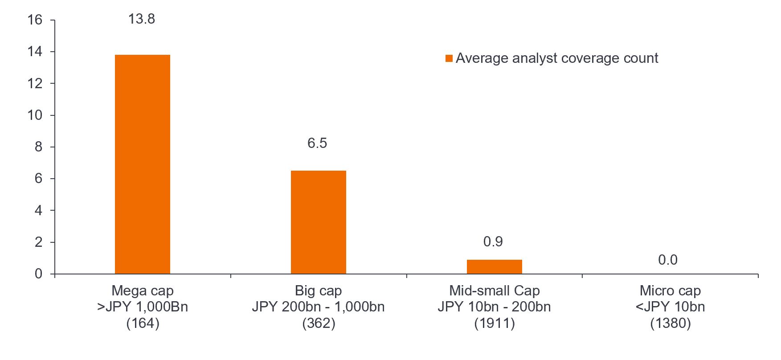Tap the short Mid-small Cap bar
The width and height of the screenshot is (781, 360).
click(494, 266)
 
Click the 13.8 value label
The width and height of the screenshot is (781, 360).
click(142, 19)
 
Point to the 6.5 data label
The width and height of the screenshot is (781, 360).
click(317, 143)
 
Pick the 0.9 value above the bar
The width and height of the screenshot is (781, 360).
click(493, 241)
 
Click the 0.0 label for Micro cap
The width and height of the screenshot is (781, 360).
click(667, 260)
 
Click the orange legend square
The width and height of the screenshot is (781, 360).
click(449, 58)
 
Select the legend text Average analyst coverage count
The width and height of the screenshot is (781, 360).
click(556, 58)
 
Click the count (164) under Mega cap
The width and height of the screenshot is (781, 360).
click(143, 323)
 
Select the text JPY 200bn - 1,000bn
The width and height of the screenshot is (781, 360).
click(318, 307)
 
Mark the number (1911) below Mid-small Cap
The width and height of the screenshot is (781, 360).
click(494, 323)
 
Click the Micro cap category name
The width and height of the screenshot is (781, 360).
click(670, 290)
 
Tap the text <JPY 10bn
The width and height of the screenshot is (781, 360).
click(670, 307)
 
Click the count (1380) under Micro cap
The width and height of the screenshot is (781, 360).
click(670, 323)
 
